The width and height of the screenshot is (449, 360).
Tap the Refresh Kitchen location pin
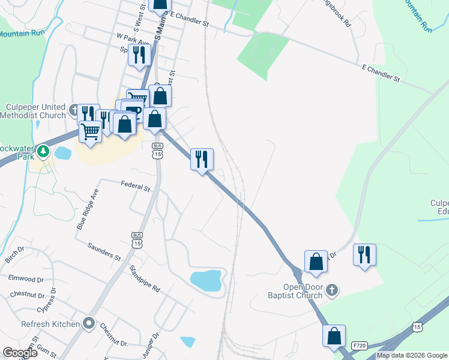point(89,324)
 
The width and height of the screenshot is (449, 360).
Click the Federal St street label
point(135,187)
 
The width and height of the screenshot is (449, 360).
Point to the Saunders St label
point(104,251)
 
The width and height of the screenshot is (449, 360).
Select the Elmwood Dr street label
point(26,279)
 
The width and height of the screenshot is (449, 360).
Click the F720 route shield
point(360,346)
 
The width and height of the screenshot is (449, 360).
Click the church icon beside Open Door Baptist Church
point(331,291)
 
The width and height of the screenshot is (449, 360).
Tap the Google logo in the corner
point(20,353)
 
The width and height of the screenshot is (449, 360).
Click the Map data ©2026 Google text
point(412,355)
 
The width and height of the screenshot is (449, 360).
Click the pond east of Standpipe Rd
point(205,280)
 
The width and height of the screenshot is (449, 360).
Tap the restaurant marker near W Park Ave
point(139,56)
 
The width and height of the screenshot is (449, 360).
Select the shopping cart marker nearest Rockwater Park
point(90,131)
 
